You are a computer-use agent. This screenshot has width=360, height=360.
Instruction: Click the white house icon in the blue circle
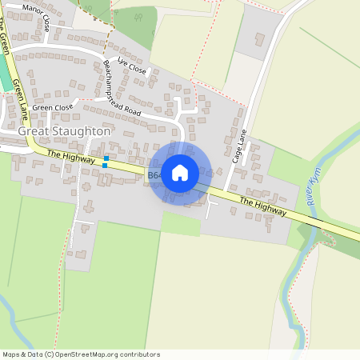(x=180, y=172)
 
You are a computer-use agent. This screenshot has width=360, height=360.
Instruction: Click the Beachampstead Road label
(x=133, y=90)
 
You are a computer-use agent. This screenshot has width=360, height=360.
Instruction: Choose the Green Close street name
(x=53, y=107)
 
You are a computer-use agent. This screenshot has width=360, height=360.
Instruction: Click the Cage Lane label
(x=238, y=148)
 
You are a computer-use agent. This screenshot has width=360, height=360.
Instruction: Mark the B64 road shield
(x=154, y=174)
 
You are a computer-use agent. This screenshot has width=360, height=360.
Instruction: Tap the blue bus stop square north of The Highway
(x=106, y=158)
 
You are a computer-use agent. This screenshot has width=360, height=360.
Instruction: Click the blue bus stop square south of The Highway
(x=104, y=166)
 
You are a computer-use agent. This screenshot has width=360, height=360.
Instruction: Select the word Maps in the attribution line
(x=10, y=354)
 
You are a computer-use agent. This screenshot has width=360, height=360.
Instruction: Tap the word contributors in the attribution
(x=141, y=354)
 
